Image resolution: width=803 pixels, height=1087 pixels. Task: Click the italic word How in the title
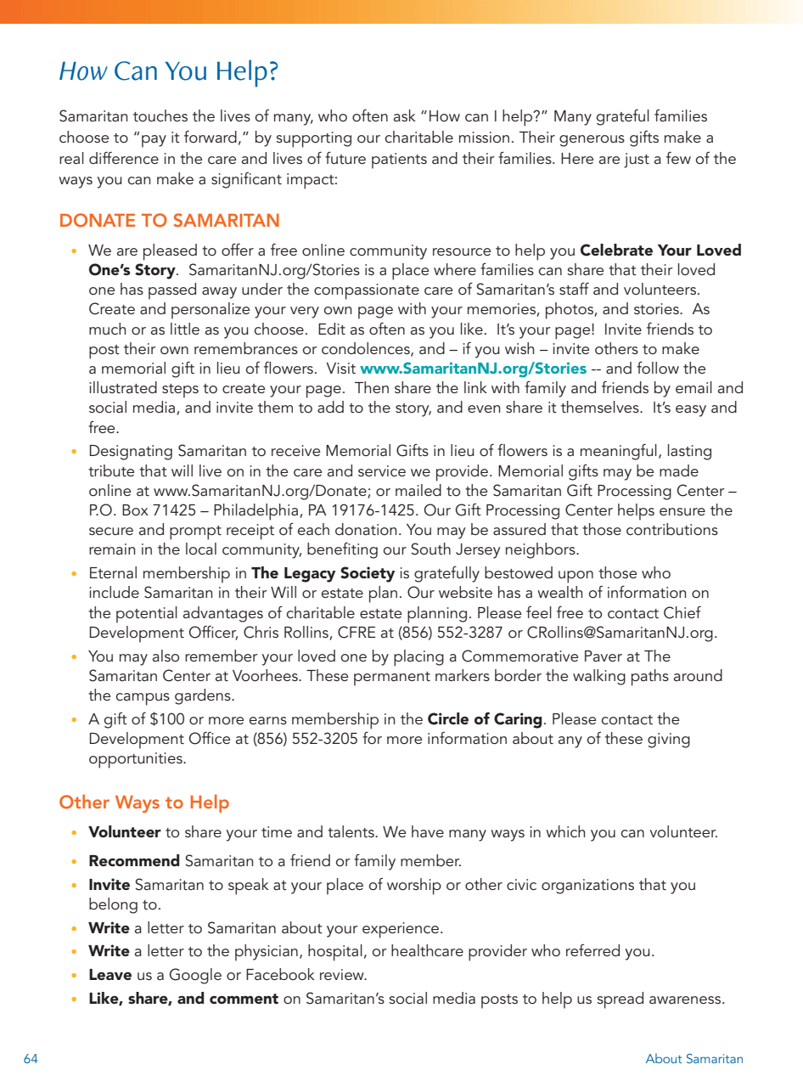(x=82, y=72)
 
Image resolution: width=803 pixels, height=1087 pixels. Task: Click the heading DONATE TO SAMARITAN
(x=169, y=221)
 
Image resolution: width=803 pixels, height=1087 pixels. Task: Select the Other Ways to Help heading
(x=143, y=803)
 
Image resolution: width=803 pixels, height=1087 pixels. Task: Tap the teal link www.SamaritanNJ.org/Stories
(x=473, y=369)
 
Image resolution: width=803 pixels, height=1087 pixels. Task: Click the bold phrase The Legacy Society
(x=323, y=573)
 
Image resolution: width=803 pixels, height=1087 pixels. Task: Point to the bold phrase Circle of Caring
(x=485, y=719)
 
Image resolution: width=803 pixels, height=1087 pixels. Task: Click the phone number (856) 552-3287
(x=470, y=632)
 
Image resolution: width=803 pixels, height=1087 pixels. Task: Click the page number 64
(x=31, y=1059)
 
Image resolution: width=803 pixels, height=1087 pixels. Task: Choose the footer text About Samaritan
(x=693, y=1059)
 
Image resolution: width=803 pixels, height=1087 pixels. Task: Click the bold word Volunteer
(x=124, y=832)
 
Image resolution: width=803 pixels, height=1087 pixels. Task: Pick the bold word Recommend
(x=134, y=861)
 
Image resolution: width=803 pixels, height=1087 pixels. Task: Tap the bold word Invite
(x=109, y=885)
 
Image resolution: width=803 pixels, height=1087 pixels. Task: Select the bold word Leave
(x=110, y=975)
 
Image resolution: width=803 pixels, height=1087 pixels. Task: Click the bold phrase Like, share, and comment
(x=183, y=999)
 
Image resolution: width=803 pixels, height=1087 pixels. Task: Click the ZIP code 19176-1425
(x=393, y=510)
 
